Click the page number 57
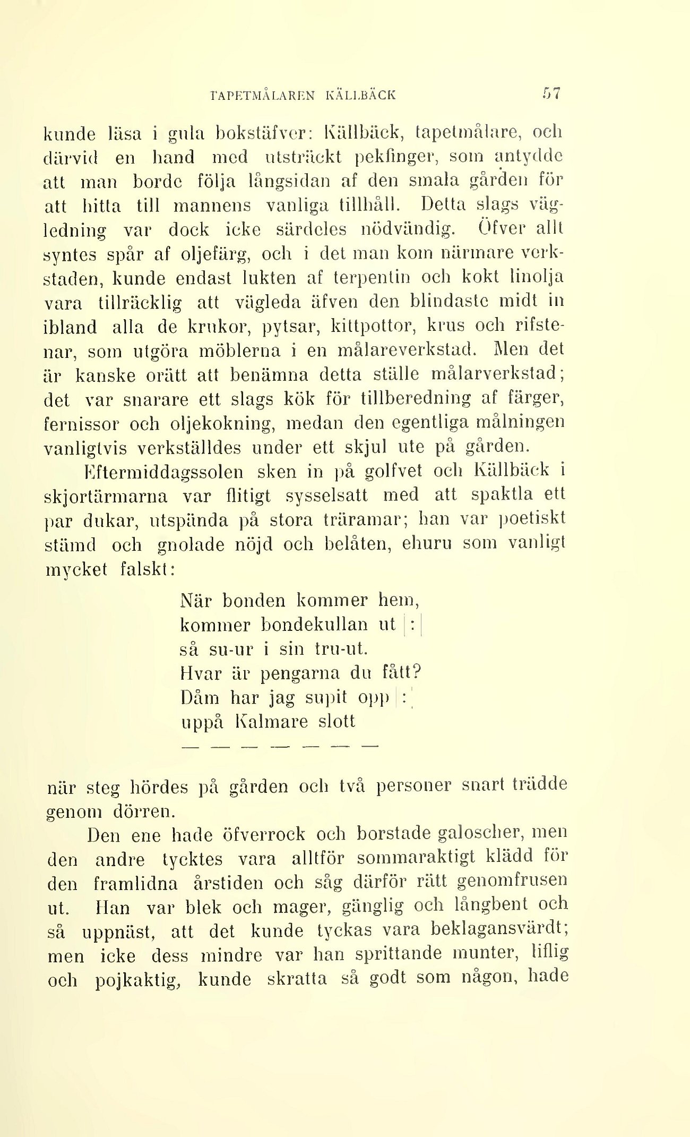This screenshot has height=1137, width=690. pos(551,93)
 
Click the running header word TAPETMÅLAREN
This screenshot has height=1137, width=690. pos(263,96)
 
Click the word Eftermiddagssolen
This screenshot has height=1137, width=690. pos(164,472)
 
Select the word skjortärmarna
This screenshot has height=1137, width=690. pos(106,497)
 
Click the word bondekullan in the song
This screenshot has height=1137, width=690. pos(314,625)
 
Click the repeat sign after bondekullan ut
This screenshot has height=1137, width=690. pos(412,625)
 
